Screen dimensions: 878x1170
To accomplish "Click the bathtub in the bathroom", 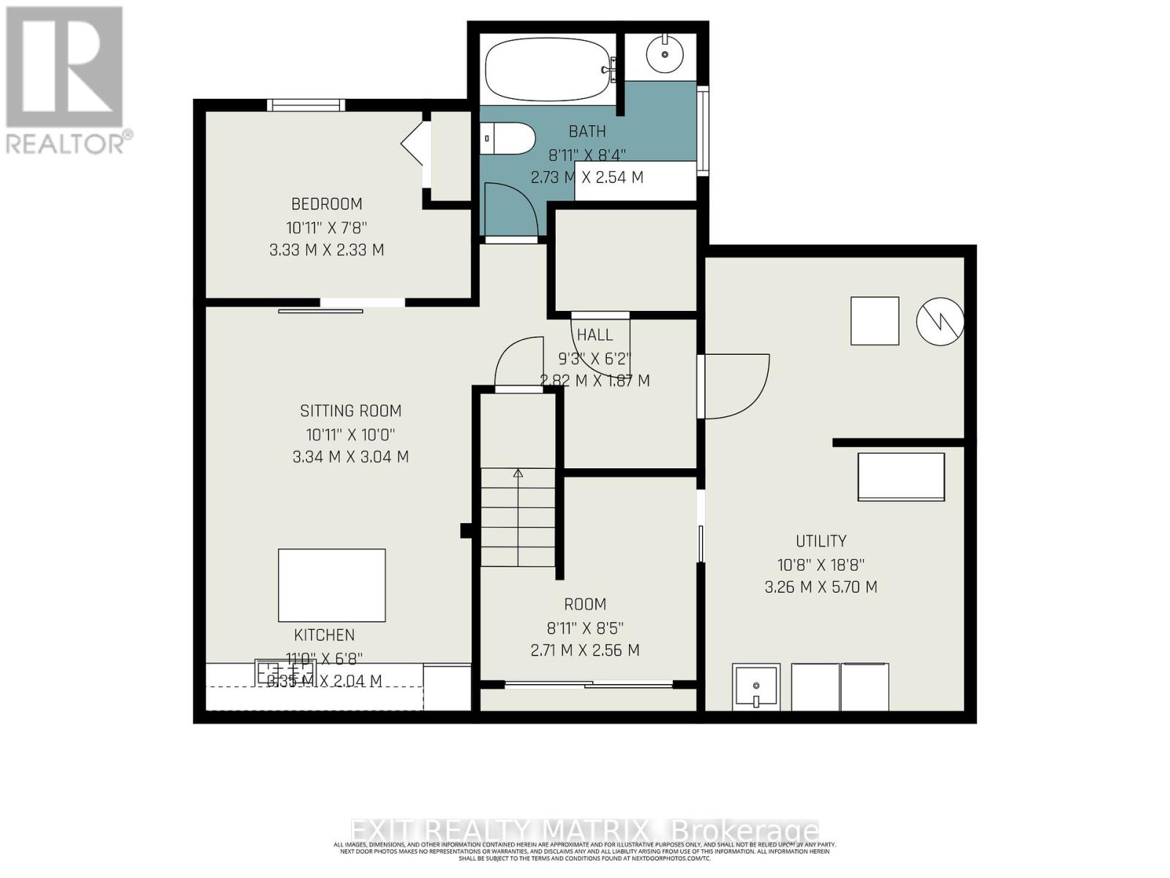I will click(x=547, y=70).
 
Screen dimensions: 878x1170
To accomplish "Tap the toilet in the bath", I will click(x=508, y=138).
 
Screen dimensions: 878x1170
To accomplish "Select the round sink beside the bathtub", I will click(x=665, y=54).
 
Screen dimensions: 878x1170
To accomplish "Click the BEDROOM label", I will click(x=326, y=204).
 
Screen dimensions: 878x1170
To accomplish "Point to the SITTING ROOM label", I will click(x=350, y=411).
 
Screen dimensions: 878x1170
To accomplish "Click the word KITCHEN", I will click(x=324, y=635).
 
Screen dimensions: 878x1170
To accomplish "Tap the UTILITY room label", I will click(x=820, y=541).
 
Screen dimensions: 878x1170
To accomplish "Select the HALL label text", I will click(x=595, y=335).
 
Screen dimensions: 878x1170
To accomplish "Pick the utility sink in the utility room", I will click(x=756, y=687).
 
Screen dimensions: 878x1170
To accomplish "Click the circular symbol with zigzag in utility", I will click(x=940, y=320).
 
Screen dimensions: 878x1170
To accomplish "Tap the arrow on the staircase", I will click(x=518, y=474).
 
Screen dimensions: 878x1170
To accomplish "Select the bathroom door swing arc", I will click(x=512, y=209).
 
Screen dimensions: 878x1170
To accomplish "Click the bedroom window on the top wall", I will click(x=306, y=105).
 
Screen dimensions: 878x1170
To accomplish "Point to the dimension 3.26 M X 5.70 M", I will click(x=820, y=588).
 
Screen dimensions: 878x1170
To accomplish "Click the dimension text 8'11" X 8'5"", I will click(x=584, y=628).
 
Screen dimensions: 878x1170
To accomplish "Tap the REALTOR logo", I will click(x=66, y=80).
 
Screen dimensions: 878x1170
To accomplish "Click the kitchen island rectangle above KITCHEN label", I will click(x=331, y=585).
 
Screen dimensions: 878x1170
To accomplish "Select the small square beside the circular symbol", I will click(x=875, y=320).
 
